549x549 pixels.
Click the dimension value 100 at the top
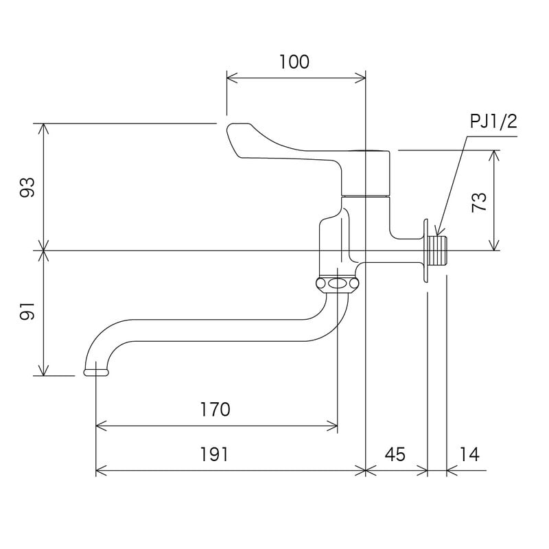[x=294, y=62]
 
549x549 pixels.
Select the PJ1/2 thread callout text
[x=493, y=123]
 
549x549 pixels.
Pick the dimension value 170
[x=215, y=410]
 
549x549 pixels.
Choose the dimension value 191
[x=215, y=454]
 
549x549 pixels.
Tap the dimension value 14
[x=469, y=454]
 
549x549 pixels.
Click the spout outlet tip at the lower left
[x=96, y=372]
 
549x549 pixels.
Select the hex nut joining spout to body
[x=337, y=283]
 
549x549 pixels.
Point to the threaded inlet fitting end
[x=440, y=250]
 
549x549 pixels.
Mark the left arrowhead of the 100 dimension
[x=230, y=76]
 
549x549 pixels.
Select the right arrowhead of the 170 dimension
[x=334, y=427]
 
